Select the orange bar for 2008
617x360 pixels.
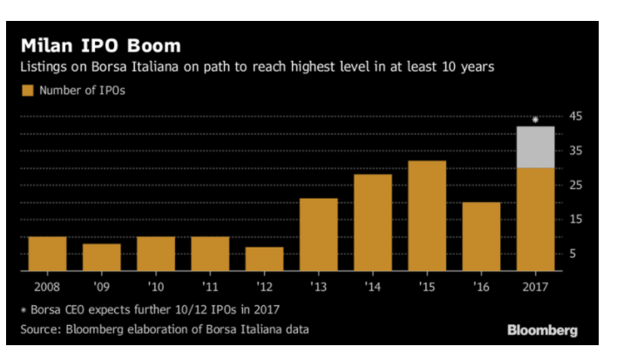point(47,254)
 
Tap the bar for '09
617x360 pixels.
point(102,257)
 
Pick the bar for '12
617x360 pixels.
point(264,259)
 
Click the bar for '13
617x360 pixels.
point(318,234)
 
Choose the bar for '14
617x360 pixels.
point(372,223)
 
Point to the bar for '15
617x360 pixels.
point(427,216)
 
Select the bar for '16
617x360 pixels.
point(481,236)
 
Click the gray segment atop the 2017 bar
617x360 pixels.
point(535,146)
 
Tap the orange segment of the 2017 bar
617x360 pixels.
point(535,219)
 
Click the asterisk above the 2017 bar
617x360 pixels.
point(535,119)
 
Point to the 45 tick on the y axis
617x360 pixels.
point(575,116)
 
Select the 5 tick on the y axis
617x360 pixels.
point(575,254)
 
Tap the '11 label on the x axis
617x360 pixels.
point(210,285)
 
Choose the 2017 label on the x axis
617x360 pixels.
point(535,285)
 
